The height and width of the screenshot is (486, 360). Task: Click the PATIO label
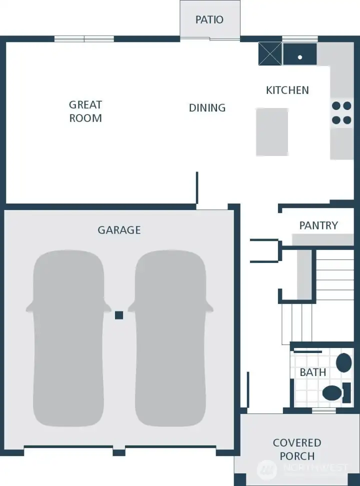click(x=209, y=20)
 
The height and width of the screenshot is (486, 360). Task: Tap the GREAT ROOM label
click(x=85, y=111)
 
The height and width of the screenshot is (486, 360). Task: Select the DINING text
click(x=207, y=107)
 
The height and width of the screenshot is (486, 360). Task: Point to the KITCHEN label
click(x=287, y=90)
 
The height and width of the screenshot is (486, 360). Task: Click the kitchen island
click(x=272, y=132)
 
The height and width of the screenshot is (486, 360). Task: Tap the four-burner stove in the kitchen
click(x=341, y=112)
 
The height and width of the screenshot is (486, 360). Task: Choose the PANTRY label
click(x=318, y=225)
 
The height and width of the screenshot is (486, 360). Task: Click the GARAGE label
click(x=119, y=230)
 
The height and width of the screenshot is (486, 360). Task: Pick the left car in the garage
click(x=68, y=338)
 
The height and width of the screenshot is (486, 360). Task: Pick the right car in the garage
click(x=170, y=338)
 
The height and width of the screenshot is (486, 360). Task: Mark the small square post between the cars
click(x=119, y=315)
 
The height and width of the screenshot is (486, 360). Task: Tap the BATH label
click(x=313, y=372)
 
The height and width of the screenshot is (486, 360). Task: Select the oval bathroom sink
click(x=343, y=362)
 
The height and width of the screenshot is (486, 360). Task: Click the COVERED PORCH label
click(x=297, y=449)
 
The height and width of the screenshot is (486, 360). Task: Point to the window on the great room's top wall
click(x=84, y=39)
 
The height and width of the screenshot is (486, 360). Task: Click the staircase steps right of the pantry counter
click(x=335, y=275)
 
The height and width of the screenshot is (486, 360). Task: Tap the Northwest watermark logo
click(x=266, y=469)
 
